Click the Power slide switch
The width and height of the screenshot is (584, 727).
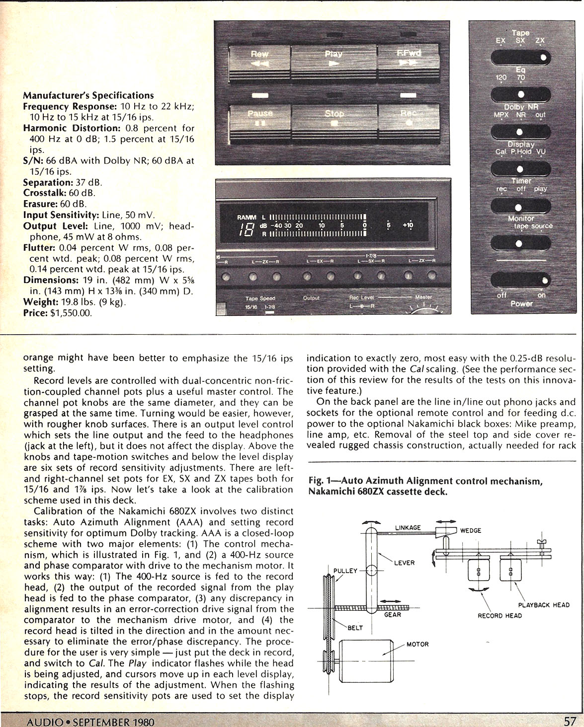point(520,281)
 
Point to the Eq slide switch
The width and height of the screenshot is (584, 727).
point(520,94)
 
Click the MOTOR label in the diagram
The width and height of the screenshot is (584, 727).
point(417,645)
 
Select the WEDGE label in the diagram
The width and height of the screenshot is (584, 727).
point(470,530)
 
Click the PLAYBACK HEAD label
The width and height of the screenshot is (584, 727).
point(544,605)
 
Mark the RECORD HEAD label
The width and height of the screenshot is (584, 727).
point(500,616)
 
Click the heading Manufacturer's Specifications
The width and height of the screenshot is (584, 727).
point(88,95)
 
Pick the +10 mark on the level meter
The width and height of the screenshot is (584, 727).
point(408,225)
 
